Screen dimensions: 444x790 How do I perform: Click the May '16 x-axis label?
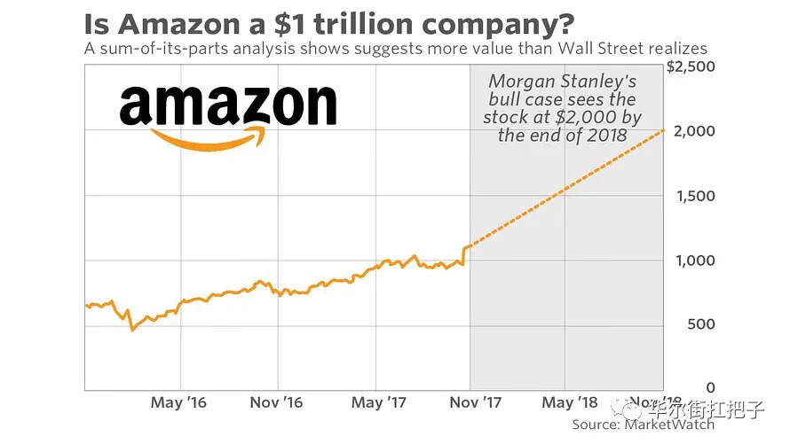tap(178, 403)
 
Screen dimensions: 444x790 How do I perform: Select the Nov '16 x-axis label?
tap(276, 403)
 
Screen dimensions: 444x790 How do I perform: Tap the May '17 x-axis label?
tap(379, 403)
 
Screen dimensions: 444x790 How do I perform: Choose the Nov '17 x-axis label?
tap(475, 403)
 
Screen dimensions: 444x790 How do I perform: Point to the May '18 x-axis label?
tap(569, 403)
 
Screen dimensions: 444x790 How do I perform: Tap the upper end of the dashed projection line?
tap(663, 131)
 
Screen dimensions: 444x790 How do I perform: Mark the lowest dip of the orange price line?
tap(132, 330)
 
